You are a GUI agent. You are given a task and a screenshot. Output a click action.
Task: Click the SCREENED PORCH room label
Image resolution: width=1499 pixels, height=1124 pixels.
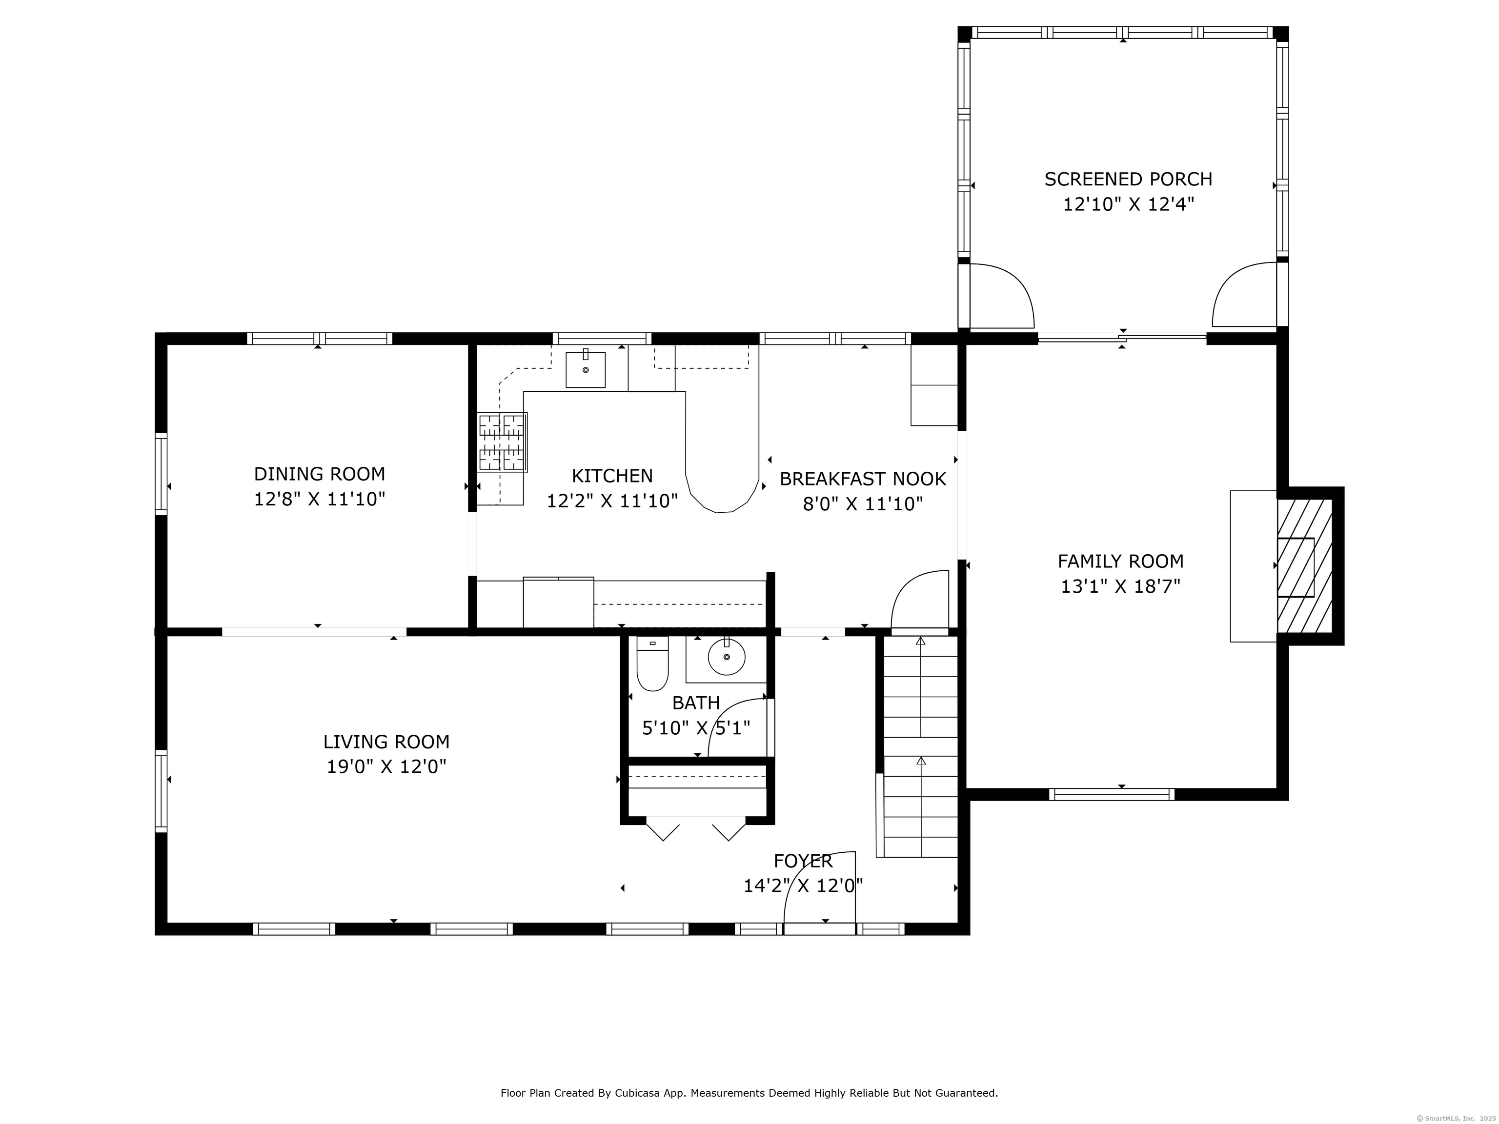point(1128,179)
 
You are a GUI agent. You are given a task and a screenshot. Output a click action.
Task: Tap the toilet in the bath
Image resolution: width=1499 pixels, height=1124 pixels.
point(652,663)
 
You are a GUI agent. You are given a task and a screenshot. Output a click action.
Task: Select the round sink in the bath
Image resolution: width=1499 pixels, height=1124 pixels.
point(727,657)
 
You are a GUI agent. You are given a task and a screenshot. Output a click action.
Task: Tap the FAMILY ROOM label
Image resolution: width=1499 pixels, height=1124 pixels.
point(1120,561)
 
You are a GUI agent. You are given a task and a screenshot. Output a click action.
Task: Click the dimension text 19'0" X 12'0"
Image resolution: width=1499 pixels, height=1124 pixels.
point(386,766)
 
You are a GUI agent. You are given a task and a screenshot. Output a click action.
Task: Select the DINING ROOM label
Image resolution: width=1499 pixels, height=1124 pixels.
point(319,474)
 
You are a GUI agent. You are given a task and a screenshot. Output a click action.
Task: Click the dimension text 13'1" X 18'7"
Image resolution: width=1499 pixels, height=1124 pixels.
point(1120,586)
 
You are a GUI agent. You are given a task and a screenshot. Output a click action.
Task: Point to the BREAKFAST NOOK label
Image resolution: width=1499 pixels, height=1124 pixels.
point(863,479)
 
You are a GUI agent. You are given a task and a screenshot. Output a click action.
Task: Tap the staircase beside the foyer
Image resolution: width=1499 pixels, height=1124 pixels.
point(920,746)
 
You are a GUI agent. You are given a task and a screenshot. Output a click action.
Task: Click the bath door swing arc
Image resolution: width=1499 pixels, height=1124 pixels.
point(737,727)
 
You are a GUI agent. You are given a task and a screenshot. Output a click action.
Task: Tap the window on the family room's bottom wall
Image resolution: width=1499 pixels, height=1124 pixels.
point(1112,794)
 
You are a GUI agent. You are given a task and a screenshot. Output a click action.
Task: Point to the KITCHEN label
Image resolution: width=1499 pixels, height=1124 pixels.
point(612,476)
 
